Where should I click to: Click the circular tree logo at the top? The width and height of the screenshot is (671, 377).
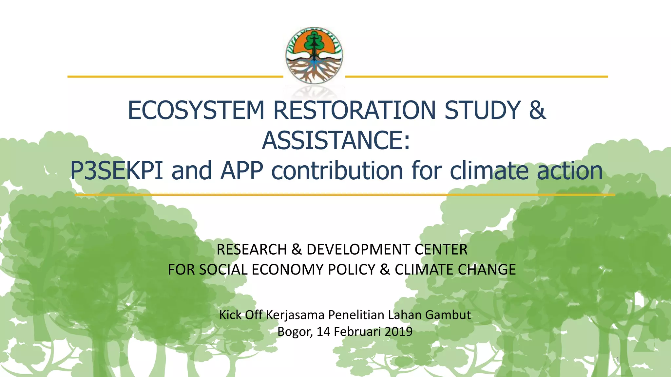(314, 56)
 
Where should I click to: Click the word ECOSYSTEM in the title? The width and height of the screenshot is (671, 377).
(196, 110)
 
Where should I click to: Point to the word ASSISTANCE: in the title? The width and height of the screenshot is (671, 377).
(336, 140)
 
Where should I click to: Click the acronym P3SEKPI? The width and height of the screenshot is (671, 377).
(116, 171)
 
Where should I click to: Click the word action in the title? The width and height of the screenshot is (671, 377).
(569, 171)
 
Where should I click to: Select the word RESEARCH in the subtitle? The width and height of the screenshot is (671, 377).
(252, 250)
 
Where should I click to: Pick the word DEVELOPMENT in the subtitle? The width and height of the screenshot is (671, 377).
(358, 250)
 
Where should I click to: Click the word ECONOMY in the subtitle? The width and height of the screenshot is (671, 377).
(288, 270)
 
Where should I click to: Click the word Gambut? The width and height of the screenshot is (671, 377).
(448, 315)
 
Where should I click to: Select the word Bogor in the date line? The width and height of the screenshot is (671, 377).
(294, 332)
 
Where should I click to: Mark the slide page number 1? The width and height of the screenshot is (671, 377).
(618, 360)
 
